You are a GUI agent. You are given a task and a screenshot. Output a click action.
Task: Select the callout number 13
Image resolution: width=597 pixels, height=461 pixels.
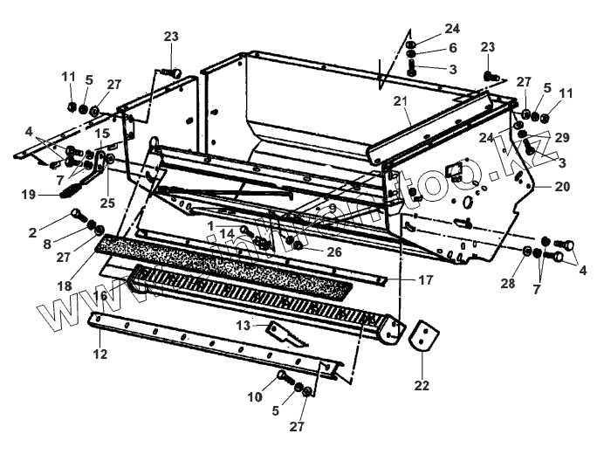pyautogui.click(x=244, y=325)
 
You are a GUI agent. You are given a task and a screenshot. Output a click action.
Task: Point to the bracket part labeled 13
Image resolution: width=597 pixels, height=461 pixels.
pyautogui.click(x=285, y=334)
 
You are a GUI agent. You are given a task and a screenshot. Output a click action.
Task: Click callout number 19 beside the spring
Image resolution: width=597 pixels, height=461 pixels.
pyautogui.click(x=28, y=195)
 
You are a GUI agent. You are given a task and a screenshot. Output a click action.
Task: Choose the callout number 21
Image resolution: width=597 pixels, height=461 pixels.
pyautogui.click(x=401, y=101)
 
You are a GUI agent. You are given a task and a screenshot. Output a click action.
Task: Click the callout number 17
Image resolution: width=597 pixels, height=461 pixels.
pyautogui.click(x=425, y=280)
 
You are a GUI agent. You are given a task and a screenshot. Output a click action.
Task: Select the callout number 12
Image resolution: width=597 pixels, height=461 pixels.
pyautogui.click(x=100, y=354)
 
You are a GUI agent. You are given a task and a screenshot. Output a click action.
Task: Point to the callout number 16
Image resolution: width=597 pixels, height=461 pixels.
pyautogui.click(x=100, y=296)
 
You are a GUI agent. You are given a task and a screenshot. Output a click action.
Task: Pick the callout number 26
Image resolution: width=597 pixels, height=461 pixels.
pyautogui.click(x=335, y=251)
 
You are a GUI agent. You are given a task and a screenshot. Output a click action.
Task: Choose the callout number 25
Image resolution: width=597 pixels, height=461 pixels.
pyautogui.click(x=108, y=203)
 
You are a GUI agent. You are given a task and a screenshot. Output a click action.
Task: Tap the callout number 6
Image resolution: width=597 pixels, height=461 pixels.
pyautogui.click(x=452, y=47)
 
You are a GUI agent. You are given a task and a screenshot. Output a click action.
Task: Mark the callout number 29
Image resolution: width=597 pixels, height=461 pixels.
pyautogui.click(x=561, y=138)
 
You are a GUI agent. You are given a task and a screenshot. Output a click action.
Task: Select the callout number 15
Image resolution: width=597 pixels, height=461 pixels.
pyautogui.click(x=102, y=134)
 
